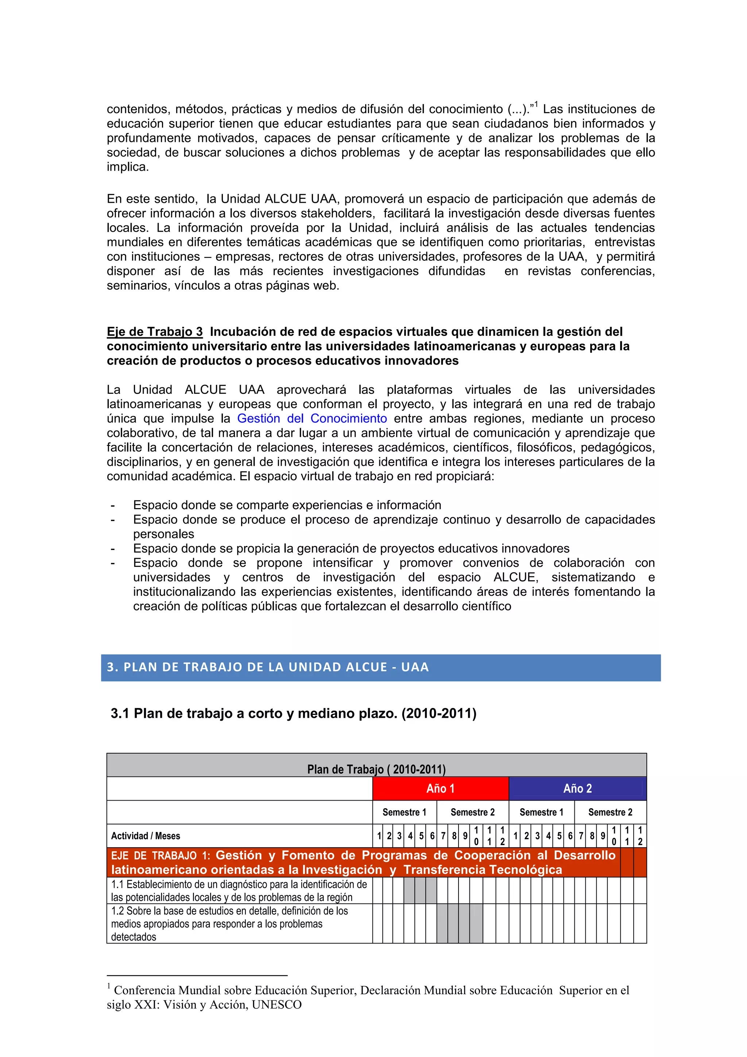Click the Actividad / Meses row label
tap(146, 836)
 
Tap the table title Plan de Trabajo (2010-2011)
tap(376, 769)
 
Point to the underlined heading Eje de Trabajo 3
tap(155, 332)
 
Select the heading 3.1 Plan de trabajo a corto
tap(293, 713)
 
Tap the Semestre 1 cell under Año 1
tap(404, 812)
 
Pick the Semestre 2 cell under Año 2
tap(610, 812)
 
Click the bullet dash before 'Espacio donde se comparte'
tap(113, 506)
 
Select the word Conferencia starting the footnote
tap(144, 990)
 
